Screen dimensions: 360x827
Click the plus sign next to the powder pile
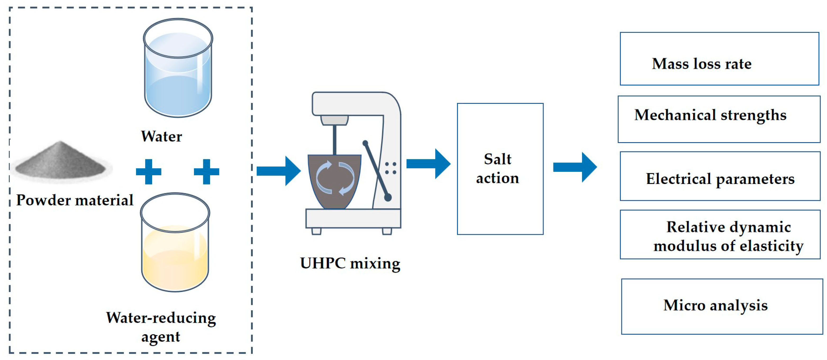click(x=148, y=172)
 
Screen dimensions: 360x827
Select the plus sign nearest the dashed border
click(x=206, y=172)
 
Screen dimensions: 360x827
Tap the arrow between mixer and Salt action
click(x=428, y=164)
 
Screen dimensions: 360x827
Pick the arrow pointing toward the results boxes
click(x=575, y=167)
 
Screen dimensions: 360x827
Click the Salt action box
click(x=500, y=169)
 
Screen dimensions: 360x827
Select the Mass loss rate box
click(x=719, y=59)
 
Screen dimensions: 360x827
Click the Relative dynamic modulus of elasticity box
click(x=720, y=235)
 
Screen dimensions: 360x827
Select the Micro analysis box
click(x=722, y=306)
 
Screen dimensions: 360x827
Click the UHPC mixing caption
click(x=350, y=264)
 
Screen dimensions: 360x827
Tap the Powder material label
click(x=75, y=200)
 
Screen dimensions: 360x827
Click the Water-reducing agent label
click(x=161, y=327)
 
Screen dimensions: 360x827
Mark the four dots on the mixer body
click(x=390, y=168)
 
